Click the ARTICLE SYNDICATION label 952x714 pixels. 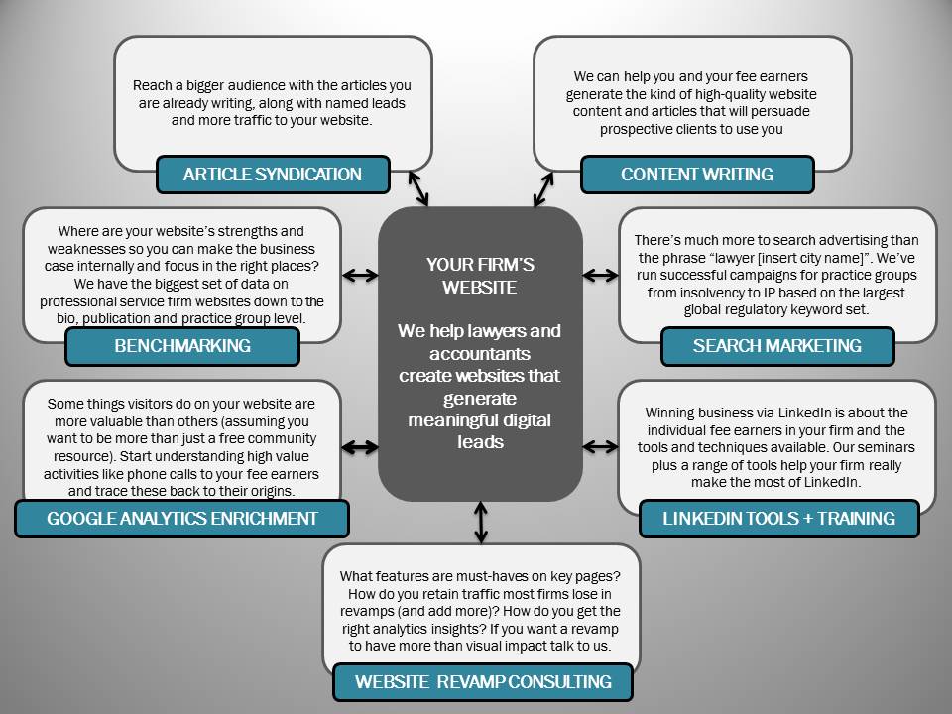[273, 175]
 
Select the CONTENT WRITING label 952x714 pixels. [697, 175]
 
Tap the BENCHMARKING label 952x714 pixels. [182, 346]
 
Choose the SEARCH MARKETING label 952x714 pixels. [777, 346]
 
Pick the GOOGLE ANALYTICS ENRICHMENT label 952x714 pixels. [182, 519]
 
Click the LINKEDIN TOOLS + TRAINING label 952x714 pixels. [779, 519]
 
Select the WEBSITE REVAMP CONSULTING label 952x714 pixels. [483, 682]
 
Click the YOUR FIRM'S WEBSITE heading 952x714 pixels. [480, 276]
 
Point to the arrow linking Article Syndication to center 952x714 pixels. [418, 188]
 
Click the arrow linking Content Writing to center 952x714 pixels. [543, 188]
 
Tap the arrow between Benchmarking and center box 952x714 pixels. [360, 275]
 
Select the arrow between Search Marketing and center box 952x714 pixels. [600, 275]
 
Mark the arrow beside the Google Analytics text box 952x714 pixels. [360, 447]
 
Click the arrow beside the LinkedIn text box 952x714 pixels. [600, 447]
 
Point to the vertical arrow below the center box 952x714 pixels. [481, 523]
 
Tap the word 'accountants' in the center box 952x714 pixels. [480, 353]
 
